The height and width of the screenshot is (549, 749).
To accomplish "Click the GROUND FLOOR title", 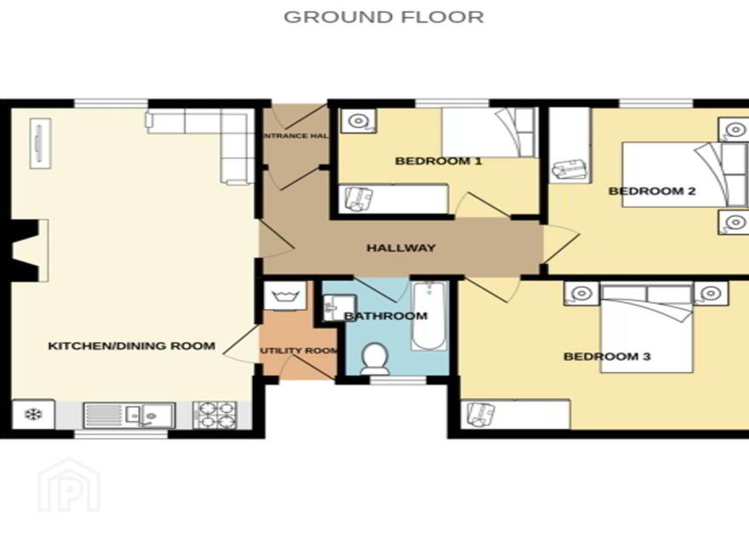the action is pos(384,17).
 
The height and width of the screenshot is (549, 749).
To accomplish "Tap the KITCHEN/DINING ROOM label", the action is pos(132,346).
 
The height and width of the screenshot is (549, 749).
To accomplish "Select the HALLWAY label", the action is pos(401,248).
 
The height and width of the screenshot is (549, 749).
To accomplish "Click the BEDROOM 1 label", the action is pos(438,161).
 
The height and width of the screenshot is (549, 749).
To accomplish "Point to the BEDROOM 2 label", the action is pos(652,192).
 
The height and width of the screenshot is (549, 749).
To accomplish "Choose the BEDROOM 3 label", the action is pos(607,357).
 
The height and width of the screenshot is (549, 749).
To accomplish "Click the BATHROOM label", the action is pos(386,316).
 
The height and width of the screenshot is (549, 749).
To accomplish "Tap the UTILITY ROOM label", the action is pos(299,351).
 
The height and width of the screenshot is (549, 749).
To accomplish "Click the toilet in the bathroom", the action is pos(375,358).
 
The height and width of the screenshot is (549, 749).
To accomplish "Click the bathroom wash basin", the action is pos(339,308).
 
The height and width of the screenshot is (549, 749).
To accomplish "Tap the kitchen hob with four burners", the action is pos(215,415).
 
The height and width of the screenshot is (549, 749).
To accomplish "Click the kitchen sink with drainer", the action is pos(129,415).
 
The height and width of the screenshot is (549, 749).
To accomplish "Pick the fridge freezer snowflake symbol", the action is pos(33,415).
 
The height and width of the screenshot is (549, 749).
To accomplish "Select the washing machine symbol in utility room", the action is pos(285,296).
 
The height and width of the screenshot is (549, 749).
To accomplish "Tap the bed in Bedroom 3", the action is pos(646,329).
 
